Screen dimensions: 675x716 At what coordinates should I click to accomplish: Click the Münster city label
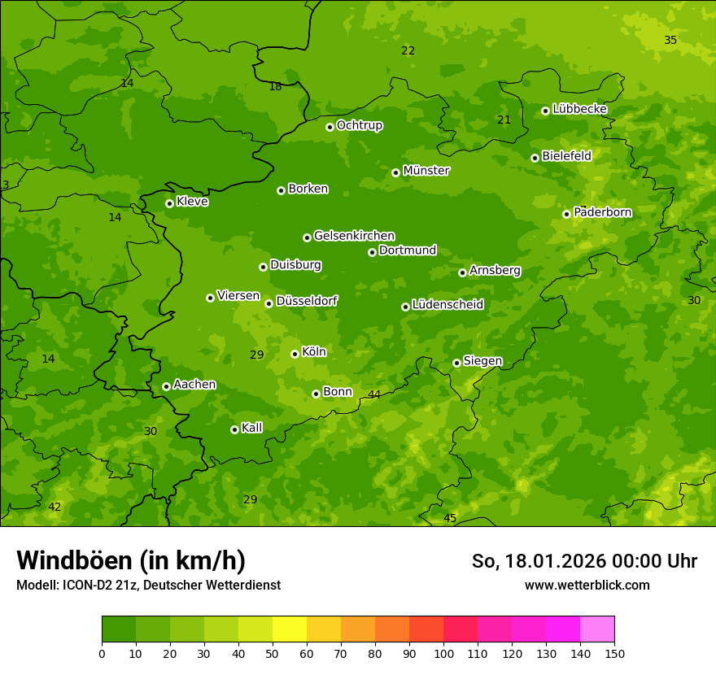[426, 171]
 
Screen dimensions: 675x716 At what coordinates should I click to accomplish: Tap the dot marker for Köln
[295, 354]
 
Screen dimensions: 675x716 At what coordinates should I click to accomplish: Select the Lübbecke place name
[579, 109]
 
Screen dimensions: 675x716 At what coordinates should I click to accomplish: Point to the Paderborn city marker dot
[566, 214]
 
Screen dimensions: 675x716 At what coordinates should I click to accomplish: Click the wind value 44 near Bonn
[374, 394]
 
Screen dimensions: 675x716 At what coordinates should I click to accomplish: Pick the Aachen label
[194, 385]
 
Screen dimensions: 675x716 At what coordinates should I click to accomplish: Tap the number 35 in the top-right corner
[670, 40]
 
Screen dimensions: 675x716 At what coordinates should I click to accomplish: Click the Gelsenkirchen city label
[354, 236]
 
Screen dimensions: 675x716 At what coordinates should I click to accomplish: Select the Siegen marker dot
[456, 363]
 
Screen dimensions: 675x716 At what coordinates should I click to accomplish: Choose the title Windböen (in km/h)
[131, 560]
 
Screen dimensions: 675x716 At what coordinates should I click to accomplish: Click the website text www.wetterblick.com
[587, 585]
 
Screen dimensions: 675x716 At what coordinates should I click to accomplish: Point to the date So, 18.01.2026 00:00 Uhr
[584, 561]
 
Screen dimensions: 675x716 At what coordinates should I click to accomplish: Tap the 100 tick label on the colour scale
[443, 653]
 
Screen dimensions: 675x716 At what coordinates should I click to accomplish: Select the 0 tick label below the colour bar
[102, 653]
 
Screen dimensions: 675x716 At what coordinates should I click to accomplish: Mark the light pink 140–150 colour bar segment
[597, 629]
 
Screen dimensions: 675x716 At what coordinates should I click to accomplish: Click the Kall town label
[252, 428]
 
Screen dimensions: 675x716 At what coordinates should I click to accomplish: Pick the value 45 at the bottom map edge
[450, 518]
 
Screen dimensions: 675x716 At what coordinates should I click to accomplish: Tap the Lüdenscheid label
[447, 305]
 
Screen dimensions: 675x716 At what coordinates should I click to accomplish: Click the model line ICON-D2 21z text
[148, 585]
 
